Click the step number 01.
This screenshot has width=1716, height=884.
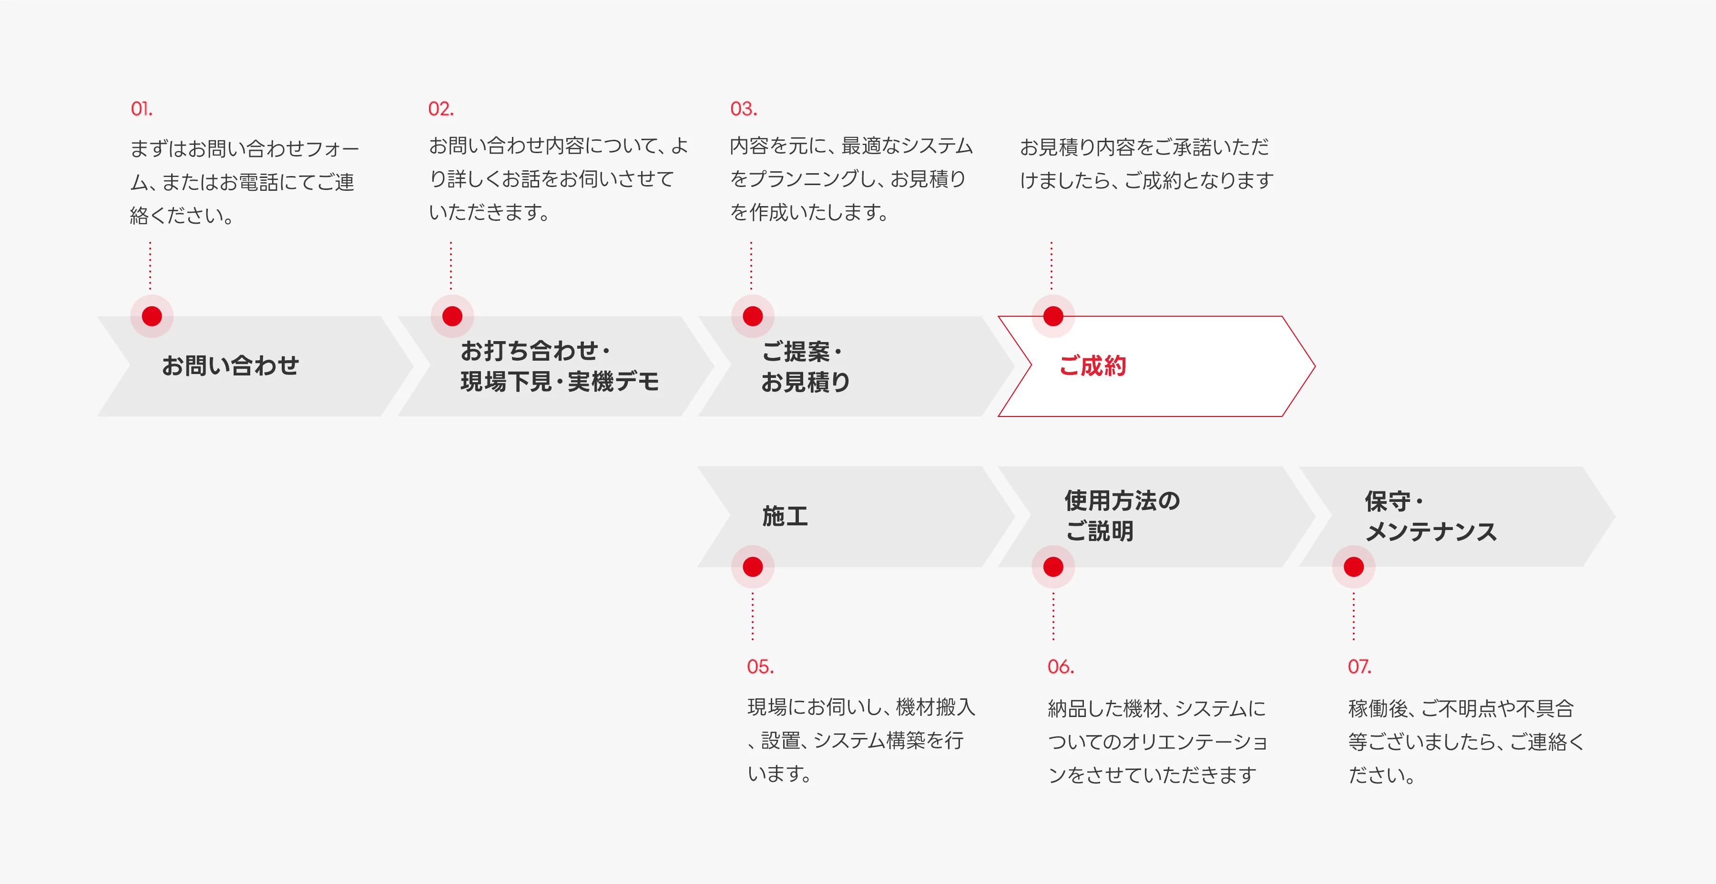[x=141, y=109]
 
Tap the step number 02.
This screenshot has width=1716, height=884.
[x=440, y=109]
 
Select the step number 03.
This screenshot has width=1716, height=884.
[x=744, y=109]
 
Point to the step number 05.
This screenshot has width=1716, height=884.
[x=760, y=666]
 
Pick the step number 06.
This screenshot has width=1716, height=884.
[x=1061, y=666]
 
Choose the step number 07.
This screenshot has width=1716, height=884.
[x=1359, y=666]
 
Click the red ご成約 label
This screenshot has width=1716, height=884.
[x=1093, y=366]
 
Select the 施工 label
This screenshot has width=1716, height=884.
[x=785, y=516]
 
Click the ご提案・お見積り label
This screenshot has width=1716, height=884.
[x=806, y=367]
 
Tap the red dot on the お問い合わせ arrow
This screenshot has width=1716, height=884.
[x=152, y=316]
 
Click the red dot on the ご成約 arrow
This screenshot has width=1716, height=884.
[x=1053, y=316]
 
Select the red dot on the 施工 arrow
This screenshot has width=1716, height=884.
[x=753, y=567]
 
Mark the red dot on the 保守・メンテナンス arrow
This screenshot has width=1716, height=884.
[x=1354, y=567]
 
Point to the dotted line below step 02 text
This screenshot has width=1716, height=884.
[x=451, y=265]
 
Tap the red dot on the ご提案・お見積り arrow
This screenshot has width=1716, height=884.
[x=753, y=316]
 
